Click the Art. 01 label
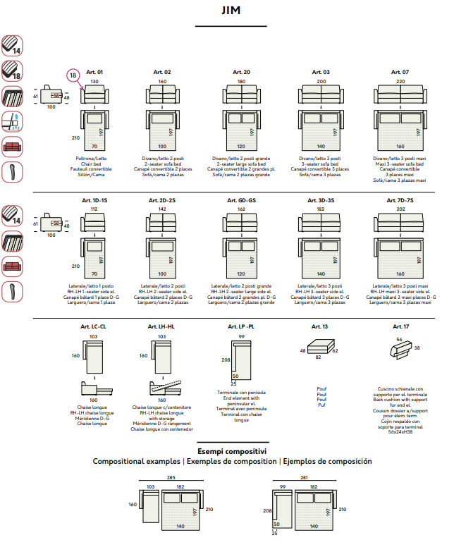(94, 72)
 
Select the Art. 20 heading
(241, 72)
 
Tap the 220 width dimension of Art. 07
(400, 82)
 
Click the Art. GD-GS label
(241, 201)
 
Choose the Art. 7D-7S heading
(400, 201)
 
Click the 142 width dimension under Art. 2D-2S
(162, 209)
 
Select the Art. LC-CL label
(94, 327)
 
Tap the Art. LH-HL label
(161, 327)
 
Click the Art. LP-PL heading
(241, 327)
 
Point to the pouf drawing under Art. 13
(321, 348)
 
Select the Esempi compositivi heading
(232, 451)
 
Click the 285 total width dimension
(171, 477)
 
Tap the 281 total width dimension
(305, 477)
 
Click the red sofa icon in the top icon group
(12, 147)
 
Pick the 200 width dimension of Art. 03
(321, 82)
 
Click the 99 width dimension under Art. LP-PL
(241, 337)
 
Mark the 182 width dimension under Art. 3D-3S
(321, 209)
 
